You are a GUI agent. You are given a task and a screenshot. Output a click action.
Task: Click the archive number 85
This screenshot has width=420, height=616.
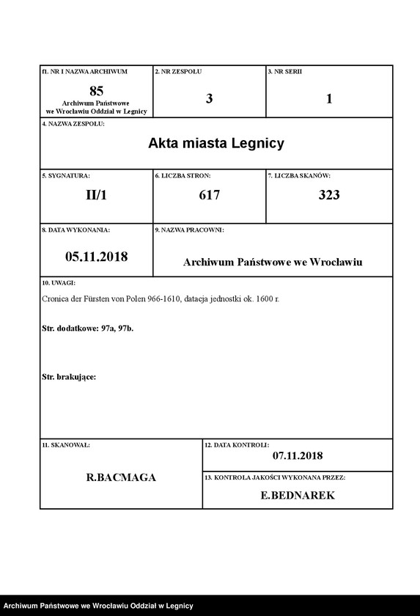click(x=96, y=91)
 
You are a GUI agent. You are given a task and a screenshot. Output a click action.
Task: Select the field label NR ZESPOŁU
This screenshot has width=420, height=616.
click(x=178, y=72)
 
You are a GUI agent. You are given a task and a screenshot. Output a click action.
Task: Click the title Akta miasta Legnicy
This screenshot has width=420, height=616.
click(x=216, y=143)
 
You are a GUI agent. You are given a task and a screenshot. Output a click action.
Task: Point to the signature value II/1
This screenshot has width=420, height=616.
click(x=96, y=195)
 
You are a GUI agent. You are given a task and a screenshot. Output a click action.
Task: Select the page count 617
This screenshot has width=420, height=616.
click(x=210, y=195)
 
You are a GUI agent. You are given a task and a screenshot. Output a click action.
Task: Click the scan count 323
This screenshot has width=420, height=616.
click(x=329, y=195)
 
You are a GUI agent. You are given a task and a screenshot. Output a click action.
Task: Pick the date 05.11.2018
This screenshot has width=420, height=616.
click(x=96, y=257)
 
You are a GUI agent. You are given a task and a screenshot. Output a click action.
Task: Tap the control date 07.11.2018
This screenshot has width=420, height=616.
click(x=298, y=455)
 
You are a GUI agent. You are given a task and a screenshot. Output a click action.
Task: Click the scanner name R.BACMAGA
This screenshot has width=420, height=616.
click(x=121, y=477)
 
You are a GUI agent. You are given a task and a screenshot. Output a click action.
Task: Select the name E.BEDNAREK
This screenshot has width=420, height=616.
click(x=298, y=496)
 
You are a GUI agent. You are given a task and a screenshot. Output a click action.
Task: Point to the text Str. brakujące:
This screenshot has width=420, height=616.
click(x=69, y=377)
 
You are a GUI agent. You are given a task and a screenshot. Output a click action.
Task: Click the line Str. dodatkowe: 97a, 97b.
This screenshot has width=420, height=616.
click(x=88, y=329)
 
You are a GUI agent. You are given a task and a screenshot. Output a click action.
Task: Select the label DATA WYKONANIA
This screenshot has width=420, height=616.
click(x=76, y=230)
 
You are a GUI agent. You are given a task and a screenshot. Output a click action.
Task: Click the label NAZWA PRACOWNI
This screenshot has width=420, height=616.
click(x=189, y=230)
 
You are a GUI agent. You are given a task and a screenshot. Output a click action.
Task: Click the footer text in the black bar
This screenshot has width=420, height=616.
click(x=98, y=606)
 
